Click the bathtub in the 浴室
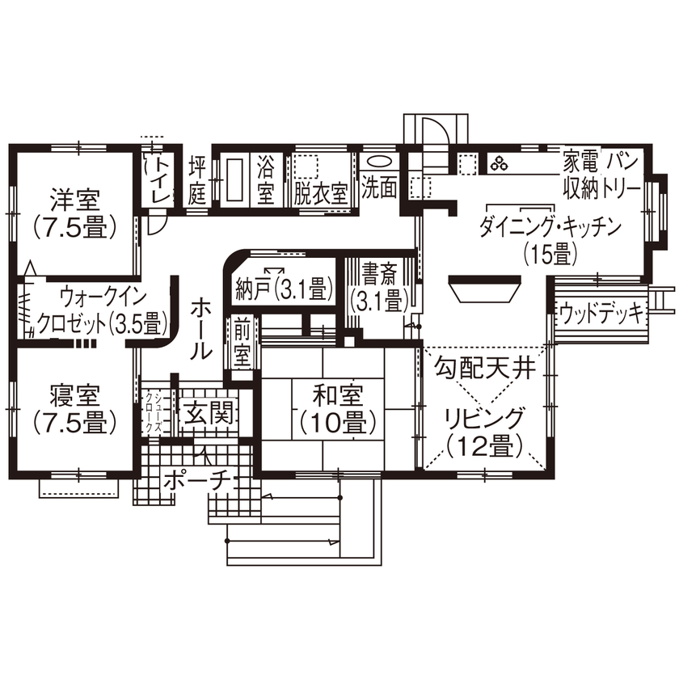(x=234, y=179)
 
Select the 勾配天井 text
(x=485, y=371)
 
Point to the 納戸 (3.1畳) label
(x=284, y=287)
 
